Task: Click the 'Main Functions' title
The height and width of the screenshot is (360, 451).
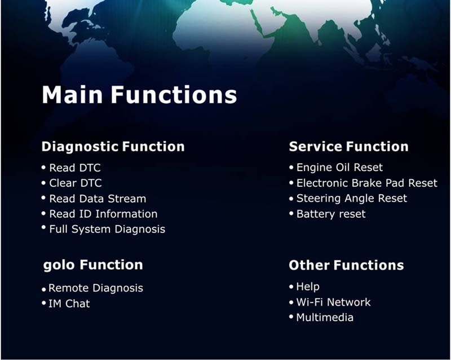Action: (x=139, y=94)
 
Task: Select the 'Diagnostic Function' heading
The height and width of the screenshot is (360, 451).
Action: (x=113, y=147)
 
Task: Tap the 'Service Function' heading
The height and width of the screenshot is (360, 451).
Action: (x=348, y=146)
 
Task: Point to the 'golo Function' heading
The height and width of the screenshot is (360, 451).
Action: (x=93, y=265)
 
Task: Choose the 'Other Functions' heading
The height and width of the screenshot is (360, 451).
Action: (x=346, y=265)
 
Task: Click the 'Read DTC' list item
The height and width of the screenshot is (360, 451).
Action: (x=75, y=168)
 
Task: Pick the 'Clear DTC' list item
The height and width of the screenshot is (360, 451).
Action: (x=76, y=183)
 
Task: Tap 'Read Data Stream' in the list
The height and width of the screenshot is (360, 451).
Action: (x=98, y=199)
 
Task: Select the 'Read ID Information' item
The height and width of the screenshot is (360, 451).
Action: (x=103, y=214)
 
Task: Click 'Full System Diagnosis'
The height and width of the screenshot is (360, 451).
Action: (x=107, y=230)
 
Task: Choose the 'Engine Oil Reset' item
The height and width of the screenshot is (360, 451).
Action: (x=339, y=168)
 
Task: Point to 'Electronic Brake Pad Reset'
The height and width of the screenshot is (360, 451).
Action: (x=367, y=183)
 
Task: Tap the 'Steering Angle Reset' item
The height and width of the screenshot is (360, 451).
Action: (x=351, y=199)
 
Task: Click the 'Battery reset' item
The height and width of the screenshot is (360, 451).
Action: (x=331, y=214)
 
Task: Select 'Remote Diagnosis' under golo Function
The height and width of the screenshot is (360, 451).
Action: (x=96, y=288)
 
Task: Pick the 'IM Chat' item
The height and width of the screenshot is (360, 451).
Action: (x=69, y=304)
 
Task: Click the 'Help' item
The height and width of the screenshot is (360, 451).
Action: (x=308, y=287)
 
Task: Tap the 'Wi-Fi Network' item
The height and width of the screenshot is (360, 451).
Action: (x=333, y=302)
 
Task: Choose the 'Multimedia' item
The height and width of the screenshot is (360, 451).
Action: (x=325, y=317)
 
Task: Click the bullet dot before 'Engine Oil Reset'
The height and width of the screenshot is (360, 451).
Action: (x=291, y=167)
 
